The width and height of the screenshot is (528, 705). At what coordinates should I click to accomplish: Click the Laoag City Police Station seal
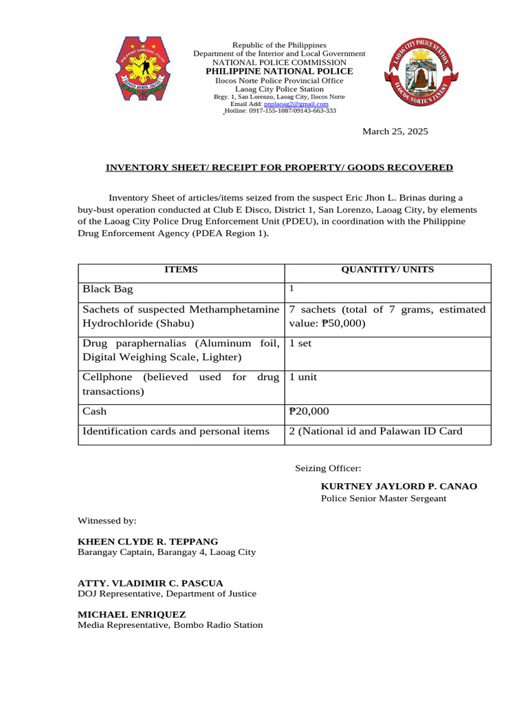[x=418, y=74]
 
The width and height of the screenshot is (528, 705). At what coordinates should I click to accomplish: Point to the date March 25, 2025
[x=395, y=131]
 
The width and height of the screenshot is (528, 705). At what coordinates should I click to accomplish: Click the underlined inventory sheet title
[x=278, y=167]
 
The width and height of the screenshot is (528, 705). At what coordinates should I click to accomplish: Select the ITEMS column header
[x=181, y=270]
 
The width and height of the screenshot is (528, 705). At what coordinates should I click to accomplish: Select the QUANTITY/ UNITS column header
[x=387, y=270]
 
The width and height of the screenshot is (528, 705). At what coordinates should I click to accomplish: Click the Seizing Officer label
[x=328, y=468]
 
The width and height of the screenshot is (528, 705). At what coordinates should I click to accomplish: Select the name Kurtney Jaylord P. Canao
[x=399, y=486]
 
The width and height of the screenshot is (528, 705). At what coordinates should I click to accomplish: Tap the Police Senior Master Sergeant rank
[x=383, y=498]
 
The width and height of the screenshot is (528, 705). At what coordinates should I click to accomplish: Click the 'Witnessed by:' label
[x=107, y=520]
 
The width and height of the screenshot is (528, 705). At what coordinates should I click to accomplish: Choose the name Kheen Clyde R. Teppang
[x=148, y=542]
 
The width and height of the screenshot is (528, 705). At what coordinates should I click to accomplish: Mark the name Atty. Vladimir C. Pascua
[x=150, y=583]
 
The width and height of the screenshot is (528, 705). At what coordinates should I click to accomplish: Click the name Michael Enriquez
[x=131, y=613]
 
